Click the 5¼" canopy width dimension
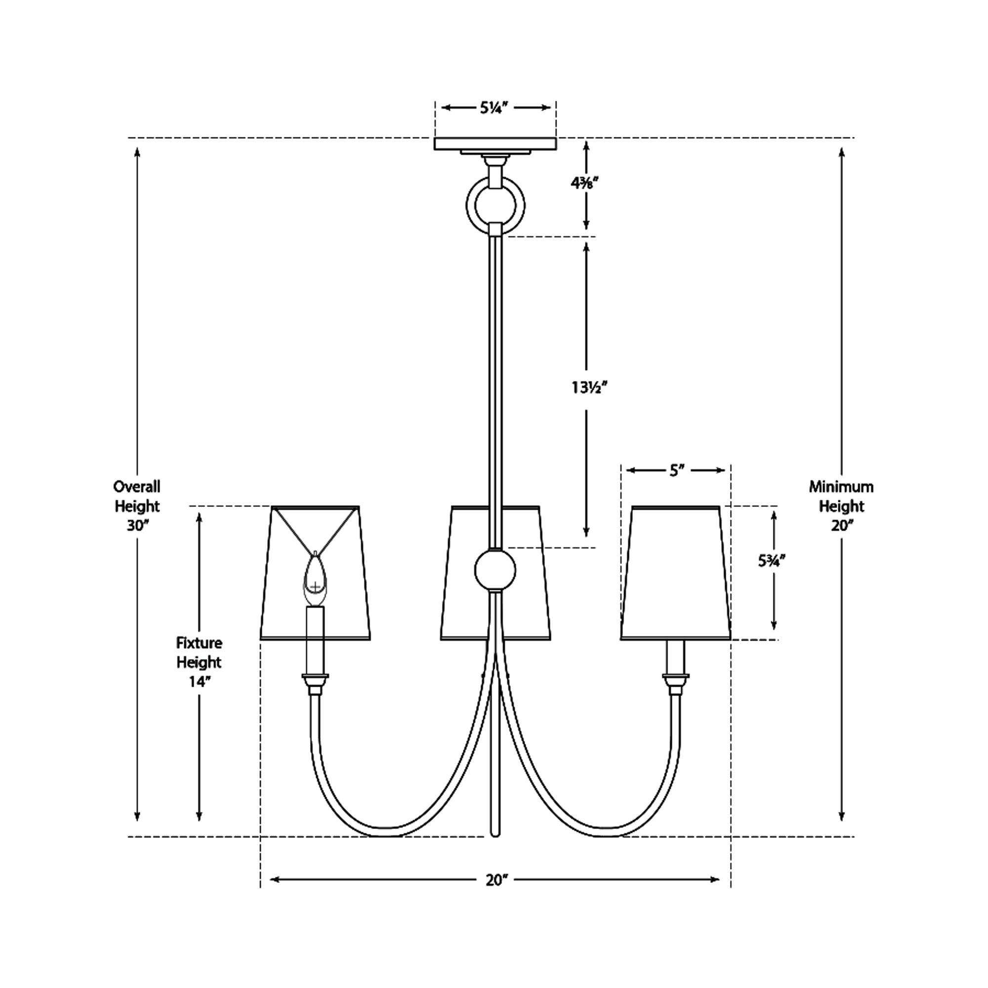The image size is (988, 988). point(494,107)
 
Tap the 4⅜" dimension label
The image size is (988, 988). point(585,183)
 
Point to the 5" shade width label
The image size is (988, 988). point(677,470)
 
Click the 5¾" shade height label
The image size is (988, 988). point(771,561)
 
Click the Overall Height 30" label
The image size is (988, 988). point(136,506)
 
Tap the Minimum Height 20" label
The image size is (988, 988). point(841,506)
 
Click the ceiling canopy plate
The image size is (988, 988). point(495,144)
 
